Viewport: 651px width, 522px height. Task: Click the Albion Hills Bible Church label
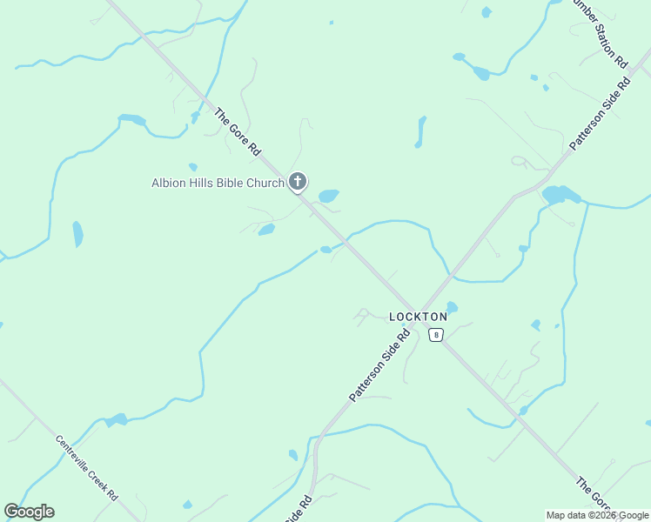coord(218,183)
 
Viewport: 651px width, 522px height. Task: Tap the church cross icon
coord(298,182)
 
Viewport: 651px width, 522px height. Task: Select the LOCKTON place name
coord(418,317)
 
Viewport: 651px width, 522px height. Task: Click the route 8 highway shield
coord(436,334)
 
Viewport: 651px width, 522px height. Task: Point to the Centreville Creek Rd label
coord(87,467)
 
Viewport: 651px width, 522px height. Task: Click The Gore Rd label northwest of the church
coord(238,132)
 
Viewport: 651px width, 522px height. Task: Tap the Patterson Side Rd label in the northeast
coord(600,114)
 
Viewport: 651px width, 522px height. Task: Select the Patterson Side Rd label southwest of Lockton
coord(379,365)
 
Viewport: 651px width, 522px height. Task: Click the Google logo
coord(29,512)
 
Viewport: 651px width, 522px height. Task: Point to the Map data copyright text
coord(598,515)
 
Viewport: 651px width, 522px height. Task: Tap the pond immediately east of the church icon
coord(328,196)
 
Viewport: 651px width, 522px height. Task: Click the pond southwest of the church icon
coord(266,230)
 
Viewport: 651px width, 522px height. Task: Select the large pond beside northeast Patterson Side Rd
coord(560,194)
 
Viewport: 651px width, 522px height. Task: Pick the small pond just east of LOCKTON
coord(452,307)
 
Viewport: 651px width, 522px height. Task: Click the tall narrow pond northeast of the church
coord(421,130)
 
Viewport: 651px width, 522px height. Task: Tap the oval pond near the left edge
coord(77,233)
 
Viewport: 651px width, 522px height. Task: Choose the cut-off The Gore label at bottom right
coord(594,493)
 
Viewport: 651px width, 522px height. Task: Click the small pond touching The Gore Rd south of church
coord(325,250)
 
